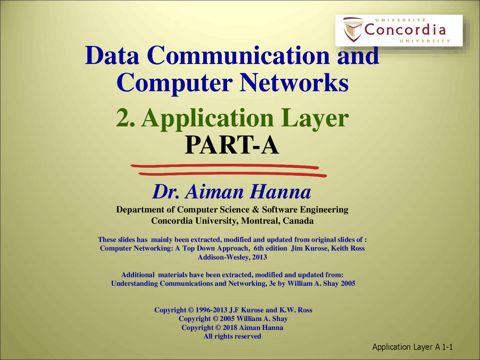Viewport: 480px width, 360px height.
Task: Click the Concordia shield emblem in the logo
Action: pos(352,29)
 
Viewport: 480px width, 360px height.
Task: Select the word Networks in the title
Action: pos(294,83)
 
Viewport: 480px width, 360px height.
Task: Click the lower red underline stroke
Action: pos(232,174)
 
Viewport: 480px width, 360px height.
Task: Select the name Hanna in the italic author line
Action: pos(280,192)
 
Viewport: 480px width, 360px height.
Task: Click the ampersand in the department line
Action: pos(256,210)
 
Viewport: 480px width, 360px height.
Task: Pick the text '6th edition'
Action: pos(270,248)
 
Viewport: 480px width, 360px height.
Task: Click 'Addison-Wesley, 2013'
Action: pos(232,257)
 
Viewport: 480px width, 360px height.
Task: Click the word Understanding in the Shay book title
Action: pos(134,284)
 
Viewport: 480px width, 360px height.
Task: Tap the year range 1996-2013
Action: pos(211,310)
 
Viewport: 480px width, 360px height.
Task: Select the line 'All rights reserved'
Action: pos(232,336)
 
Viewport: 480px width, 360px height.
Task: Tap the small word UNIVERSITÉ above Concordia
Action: pos(400,20)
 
